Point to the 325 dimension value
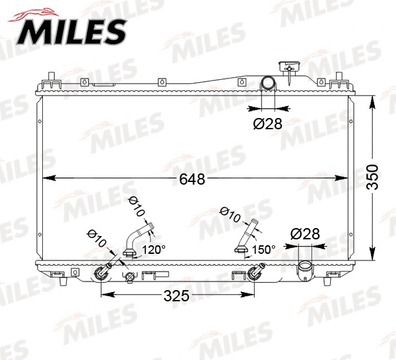(x=176, y=296)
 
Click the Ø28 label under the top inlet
(x=268, y=123)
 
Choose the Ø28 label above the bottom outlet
(x=305, y=233)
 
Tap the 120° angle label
(x=155, y=249)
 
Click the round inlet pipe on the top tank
(x=269, y=84)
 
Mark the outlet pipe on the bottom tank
(x=306, y=269)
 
